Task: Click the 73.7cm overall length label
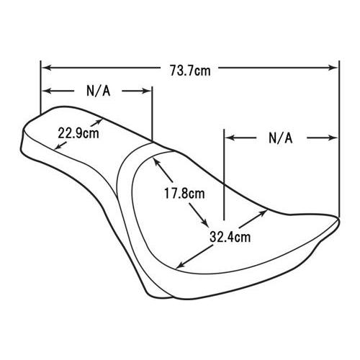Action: click(x=190, y=71)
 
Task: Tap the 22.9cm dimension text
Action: click(x=78, y=133)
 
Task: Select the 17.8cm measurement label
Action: click(x=184, y=194)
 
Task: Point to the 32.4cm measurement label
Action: click(x=230, y=237)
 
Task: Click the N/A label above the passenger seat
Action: click(x=99, y=91)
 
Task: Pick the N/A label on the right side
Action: click(x=281, y=138)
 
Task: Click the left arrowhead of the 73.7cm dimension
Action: click(x=46, y=68)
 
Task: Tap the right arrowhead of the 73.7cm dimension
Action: click(x=333, y=68)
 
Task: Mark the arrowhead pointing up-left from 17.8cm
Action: click(x=157, y=162)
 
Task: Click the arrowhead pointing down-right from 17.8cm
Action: click(x=204, y=222)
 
